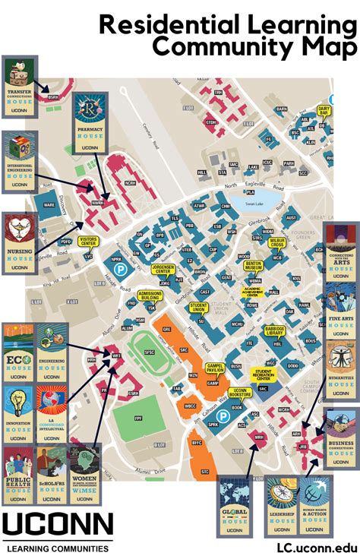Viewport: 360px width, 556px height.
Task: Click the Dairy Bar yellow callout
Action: [x=324, y=110]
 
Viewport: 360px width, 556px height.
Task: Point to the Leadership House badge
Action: [x=281, y=502]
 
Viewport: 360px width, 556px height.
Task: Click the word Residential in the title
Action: [x=178, y=26]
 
